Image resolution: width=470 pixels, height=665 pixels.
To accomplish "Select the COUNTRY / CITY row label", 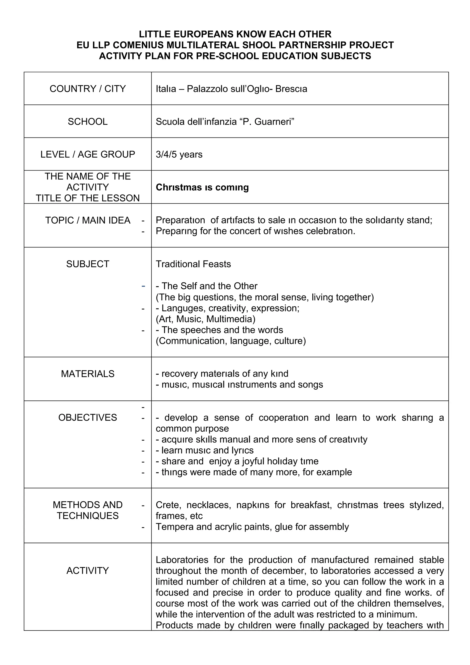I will click(87, 89).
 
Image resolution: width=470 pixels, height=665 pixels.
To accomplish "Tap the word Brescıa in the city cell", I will click(291, 89).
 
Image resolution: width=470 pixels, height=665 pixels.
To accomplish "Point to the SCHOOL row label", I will click(87, 122).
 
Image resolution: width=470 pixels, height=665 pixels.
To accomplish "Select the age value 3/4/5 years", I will click(179, 154).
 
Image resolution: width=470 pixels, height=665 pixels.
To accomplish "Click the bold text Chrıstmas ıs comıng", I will click(202, 187).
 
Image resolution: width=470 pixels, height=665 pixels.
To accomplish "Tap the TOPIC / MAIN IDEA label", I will click(87, 221).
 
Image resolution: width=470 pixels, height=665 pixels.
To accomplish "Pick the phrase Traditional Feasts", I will click(193, 264).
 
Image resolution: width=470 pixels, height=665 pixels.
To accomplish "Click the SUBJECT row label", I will click(87, 264).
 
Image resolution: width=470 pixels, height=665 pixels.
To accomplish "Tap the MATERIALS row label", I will click(87, 374).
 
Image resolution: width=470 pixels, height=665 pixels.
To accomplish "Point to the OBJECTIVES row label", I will click(87, 418).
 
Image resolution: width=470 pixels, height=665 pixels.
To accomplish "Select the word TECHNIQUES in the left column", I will click(87, 516).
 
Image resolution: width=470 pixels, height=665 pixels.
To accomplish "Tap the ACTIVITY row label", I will click(87, 571).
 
